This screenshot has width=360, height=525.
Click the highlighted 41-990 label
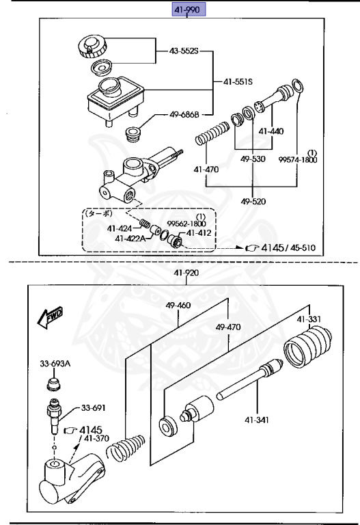pos(189,10)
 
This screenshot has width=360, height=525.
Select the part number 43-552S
pos(184,51)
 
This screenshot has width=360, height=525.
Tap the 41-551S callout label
pos(238,81)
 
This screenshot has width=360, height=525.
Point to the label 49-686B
pos(184,115)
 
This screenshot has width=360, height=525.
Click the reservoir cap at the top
pos(92,46)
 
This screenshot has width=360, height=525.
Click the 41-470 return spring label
pos(206,170)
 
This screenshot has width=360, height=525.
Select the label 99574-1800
pos(298,160)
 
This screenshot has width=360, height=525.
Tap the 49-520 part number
pos(253,201)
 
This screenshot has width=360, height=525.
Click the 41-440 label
pos(271,131)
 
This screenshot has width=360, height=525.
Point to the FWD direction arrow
pos(50,317)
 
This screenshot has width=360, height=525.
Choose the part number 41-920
pos(186,273)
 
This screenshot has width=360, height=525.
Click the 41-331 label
pos(309,319)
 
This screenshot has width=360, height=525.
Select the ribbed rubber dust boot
pos(307,347)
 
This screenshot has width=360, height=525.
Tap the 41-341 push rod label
pos(257,420)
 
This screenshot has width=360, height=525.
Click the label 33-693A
pos(55,363)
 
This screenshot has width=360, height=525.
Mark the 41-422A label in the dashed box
pos(130,239)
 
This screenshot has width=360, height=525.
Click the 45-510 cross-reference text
pos(303,247)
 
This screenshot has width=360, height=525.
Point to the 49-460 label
pos(178,305)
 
